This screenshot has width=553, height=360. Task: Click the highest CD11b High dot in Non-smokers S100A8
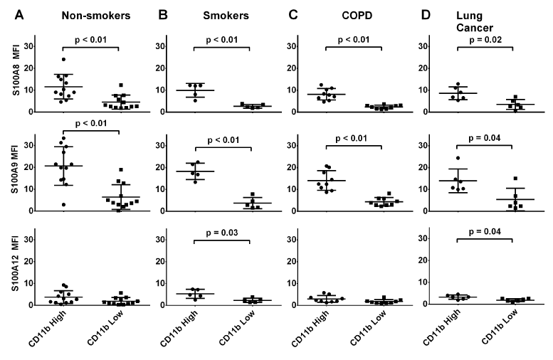[63, 59]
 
